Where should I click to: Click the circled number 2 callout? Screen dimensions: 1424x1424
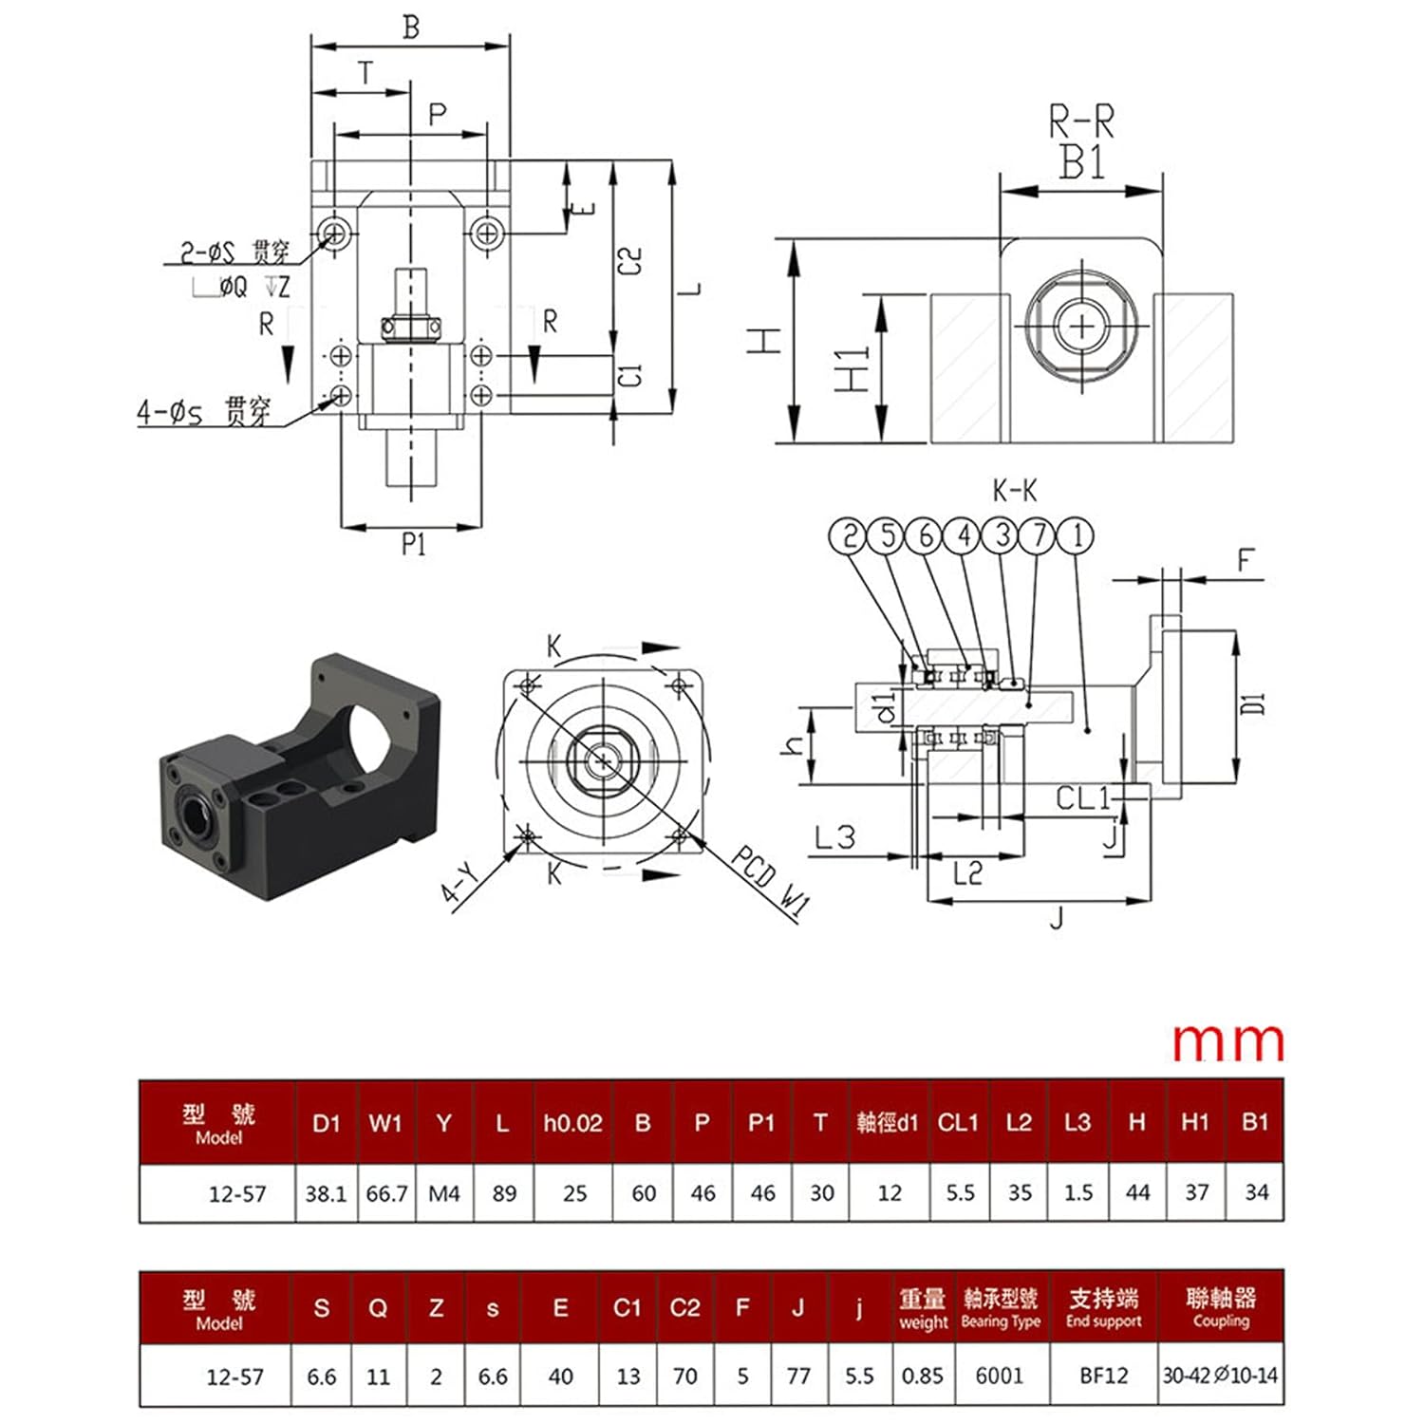point(850,536)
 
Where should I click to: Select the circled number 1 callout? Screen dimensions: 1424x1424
point(1076,536)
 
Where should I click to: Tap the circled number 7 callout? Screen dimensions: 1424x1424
point(1039,536)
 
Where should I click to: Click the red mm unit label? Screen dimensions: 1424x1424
point(1228,1042)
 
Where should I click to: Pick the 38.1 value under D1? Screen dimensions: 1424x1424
point(326,1193)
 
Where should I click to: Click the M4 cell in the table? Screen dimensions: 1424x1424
point(443,1193)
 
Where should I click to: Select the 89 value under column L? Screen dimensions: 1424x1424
point(504,1193)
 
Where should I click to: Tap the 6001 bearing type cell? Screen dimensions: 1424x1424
point(1000,1376)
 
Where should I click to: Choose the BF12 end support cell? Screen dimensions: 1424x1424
point(1103,1376)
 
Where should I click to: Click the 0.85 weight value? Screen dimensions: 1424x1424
point(922,1376)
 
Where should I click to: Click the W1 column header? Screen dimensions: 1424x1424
point(385,1123)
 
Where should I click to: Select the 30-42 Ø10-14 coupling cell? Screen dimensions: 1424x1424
point(1221,1376)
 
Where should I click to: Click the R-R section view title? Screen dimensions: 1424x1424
point(1081,122)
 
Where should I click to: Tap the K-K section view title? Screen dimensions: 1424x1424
point(1015,491)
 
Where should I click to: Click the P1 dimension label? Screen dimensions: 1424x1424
point(413,544)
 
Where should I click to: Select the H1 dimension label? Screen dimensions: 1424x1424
point(852,369)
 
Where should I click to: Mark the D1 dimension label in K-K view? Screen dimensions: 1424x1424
point(1254,703)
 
